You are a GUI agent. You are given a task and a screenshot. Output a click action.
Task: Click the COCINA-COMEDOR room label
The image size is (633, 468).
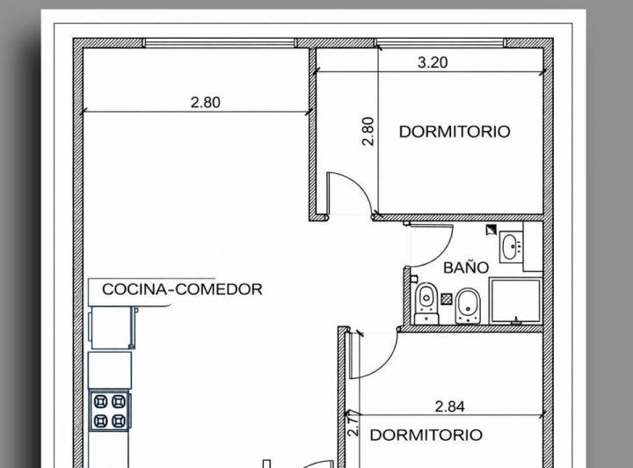[182, 289]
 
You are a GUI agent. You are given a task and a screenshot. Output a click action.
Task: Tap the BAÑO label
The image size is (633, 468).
[466, 267]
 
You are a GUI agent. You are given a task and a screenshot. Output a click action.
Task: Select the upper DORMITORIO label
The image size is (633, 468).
[454, 132]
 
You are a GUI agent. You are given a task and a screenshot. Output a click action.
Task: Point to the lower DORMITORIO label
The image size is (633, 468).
[426, 435]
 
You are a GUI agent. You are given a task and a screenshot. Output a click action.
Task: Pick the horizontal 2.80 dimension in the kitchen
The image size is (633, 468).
[206, 102]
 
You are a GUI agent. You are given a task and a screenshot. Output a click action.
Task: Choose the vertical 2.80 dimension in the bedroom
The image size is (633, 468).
[368, 132]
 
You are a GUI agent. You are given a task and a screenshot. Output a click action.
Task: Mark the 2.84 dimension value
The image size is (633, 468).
[449, 406]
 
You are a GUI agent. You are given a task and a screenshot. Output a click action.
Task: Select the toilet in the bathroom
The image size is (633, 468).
[426, 300]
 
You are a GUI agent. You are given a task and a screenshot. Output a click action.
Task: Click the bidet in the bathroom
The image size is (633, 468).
[469, 303]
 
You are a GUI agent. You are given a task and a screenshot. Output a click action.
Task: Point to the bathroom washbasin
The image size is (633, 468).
[511, 246]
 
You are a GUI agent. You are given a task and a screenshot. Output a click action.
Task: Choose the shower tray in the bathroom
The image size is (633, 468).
[515, 301]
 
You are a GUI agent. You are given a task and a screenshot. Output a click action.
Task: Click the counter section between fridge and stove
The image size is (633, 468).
[111, 370]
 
